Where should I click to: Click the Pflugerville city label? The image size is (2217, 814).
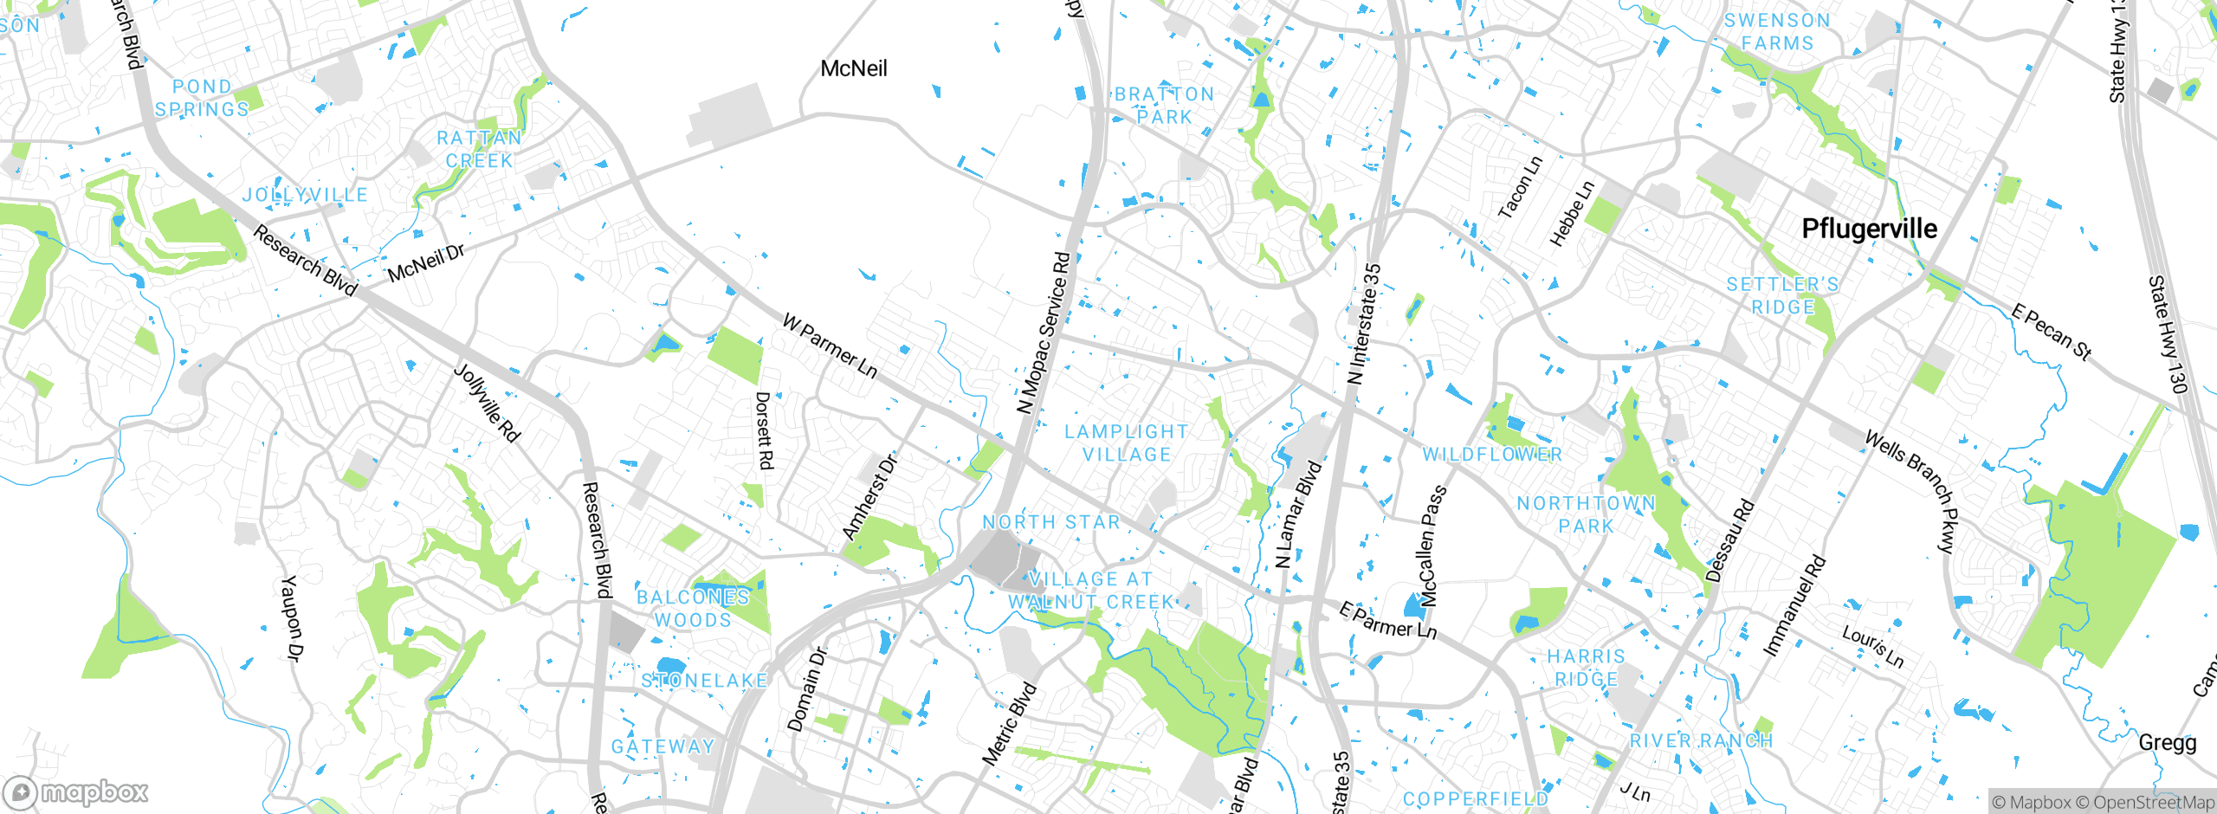point(1869,229)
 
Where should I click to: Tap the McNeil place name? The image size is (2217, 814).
point(853,68)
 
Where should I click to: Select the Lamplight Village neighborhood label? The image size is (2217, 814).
point(1126,443)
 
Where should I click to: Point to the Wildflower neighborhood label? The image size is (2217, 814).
point(1492,455)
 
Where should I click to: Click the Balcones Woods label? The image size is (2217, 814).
point(693,608)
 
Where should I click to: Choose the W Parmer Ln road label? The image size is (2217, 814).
point(830,346)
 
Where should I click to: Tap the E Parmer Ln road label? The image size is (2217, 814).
point(1387,621)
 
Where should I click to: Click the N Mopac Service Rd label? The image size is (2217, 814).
point(1044,333)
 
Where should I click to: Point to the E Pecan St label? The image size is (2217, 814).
point(2051,332)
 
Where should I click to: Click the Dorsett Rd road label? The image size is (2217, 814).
point(763,430)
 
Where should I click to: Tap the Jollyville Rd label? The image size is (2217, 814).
point(488,404)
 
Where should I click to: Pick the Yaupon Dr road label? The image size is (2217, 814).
point(292,617)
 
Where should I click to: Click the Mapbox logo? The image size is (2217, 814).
point(76,791)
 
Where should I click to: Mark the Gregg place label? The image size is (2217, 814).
point(2167,742)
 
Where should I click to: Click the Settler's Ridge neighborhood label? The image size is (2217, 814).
point(1782,295)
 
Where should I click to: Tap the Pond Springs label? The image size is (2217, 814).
point(202,98)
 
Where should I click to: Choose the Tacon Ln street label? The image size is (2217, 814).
point(1520,187)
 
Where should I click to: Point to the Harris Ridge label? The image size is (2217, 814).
point(1586,668)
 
